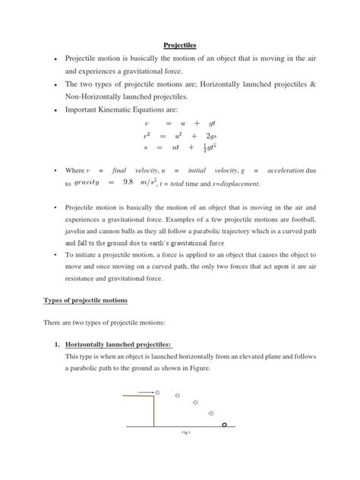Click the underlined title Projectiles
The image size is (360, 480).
click(180, 46)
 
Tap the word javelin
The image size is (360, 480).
click(80, 231)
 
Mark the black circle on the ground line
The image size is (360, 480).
click(225, 425)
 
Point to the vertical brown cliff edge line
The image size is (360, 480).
click(153, 409)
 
